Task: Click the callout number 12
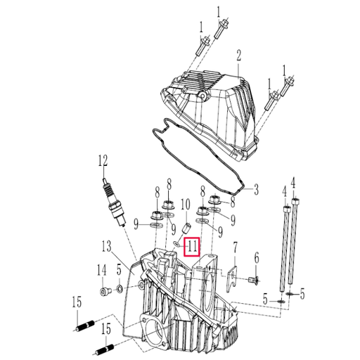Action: click(x=104, y=160)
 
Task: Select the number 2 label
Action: click(x=238, y=55)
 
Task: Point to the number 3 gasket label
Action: click(x=256, y=190)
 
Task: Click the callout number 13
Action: click(x=106, y=247)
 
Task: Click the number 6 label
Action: click(x=257, y=258)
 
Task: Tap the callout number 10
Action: click(x=185, y=205)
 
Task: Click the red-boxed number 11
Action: click(x=192, y=247)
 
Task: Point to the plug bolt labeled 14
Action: click(x=105, y=290)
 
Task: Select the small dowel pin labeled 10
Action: click(x=187, y=229)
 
